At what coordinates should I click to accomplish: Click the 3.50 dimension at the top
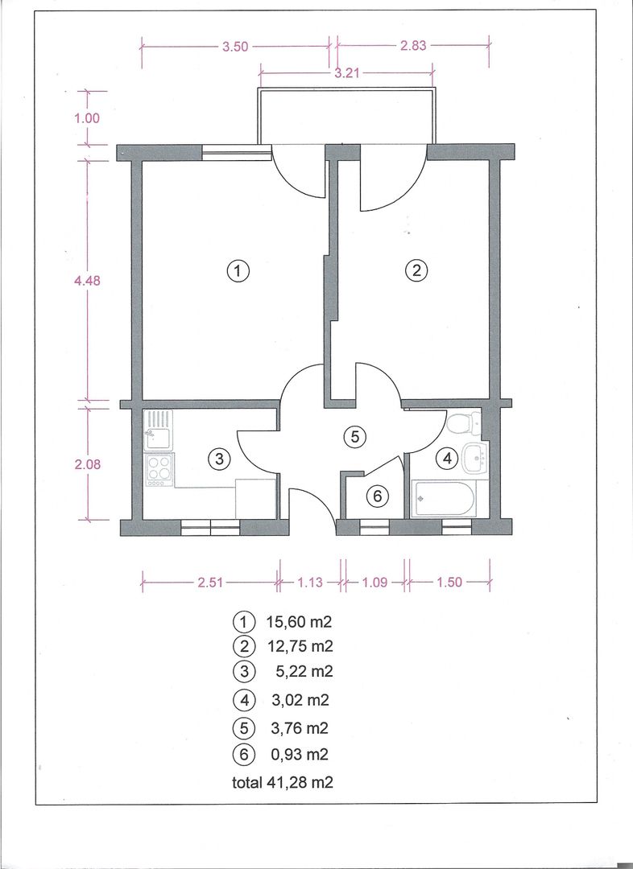pyautogui.click(x=235, y=47)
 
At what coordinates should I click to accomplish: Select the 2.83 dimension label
pyautogui.click(x=412, y=47)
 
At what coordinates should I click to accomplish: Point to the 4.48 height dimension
pyautogui.click(x=86, y=281)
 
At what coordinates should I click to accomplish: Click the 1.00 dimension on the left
pyautogui.click(x=86, y=117)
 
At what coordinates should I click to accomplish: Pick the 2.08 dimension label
pyautogui.click(x=86, y=464)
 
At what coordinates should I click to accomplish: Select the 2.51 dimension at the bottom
pyautogui.click(x=210, y=583)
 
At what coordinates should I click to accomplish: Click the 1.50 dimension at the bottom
pyautogui.click(x=449, y=583)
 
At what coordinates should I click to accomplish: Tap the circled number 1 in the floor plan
pyautogui.click(x=237, y=271)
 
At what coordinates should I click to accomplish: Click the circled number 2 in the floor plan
pyautogui.click(x=416, y=271)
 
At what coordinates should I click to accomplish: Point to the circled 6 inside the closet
pyautogui.click(x=376, y=497)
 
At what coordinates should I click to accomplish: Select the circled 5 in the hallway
pyautogui.click(x=354, y=437)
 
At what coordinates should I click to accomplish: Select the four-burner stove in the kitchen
pyautogui.click(x=159, y=470)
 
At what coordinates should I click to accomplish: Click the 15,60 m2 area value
pyautogui.click(x=299, y=622)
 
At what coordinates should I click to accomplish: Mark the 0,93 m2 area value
pyautogui.click(x=298, y=755)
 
